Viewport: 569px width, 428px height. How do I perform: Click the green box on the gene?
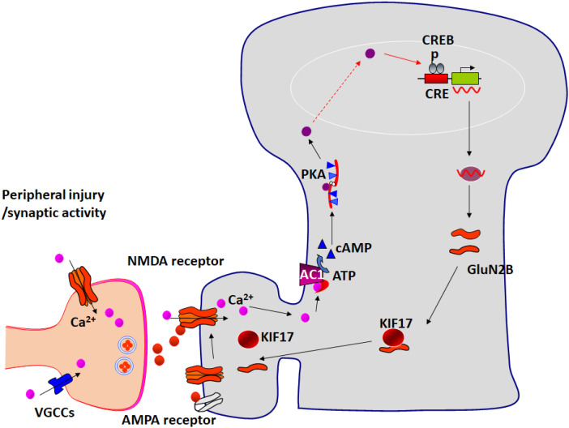tap(464, 79)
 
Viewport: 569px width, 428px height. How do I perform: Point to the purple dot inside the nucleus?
tap(370, 53)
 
